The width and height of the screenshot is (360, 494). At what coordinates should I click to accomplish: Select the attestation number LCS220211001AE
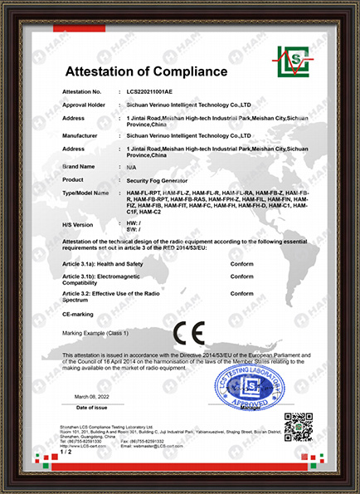[155, 92]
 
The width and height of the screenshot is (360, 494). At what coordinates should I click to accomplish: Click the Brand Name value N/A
[130, 167]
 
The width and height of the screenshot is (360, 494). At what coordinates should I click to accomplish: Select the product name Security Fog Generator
[158, 179]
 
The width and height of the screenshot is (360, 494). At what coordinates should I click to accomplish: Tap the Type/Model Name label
[86, 193]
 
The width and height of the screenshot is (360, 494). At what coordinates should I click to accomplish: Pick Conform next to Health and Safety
[241, 263]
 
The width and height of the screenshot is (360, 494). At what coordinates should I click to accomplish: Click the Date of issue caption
[92, 408]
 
